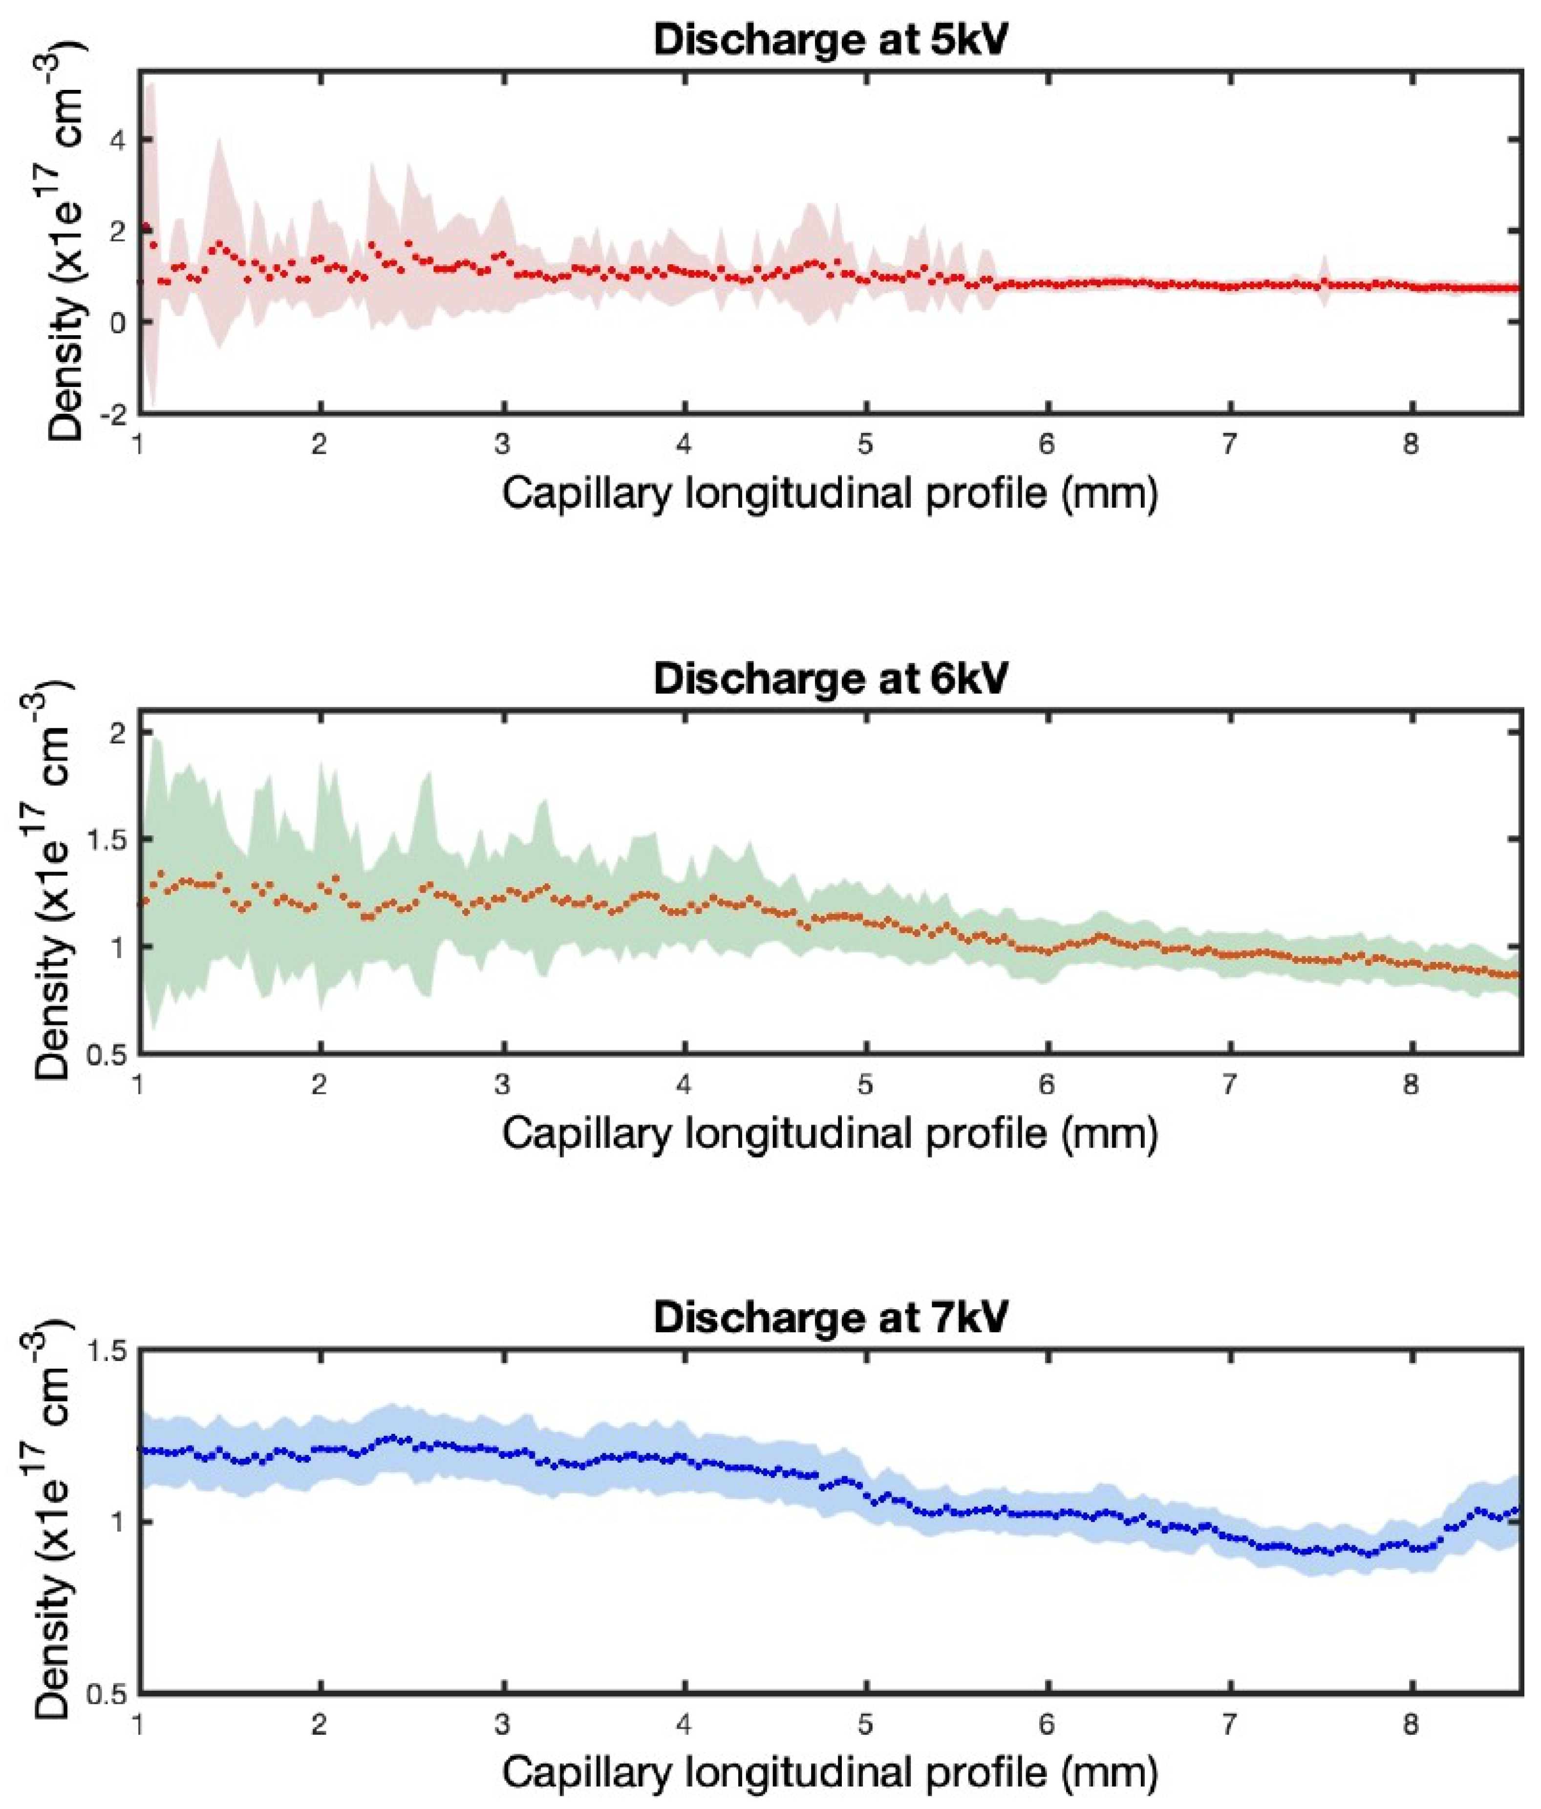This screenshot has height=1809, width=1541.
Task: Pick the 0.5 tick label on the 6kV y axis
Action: pos(110,1055)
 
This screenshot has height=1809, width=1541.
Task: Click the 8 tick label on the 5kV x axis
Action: pos(1411,445)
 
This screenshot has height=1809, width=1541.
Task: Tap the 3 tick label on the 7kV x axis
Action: pos(501,1724)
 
